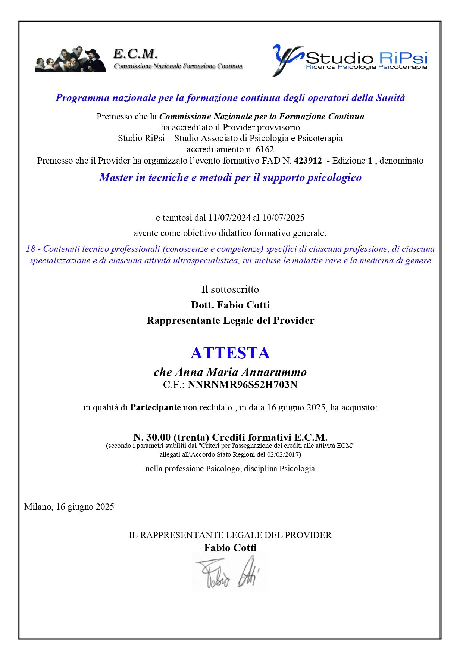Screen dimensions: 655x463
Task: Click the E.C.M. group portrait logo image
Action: point(71,60)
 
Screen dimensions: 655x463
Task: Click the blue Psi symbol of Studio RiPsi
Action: point(287,59)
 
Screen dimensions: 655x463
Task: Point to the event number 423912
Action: point(308,161)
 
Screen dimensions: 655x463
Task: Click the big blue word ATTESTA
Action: point(230,353)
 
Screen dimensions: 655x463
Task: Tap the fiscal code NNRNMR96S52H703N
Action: point(243,385)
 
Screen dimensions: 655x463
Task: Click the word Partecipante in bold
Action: point(155,407)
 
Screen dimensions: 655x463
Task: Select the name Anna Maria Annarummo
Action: point(241,372)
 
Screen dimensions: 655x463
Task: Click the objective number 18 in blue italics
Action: point(31,249)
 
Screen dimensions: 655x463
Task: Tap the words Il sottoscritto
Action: point(230,289)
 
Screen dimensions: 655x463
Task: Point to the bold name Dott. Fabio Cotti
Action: point(230,305)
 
